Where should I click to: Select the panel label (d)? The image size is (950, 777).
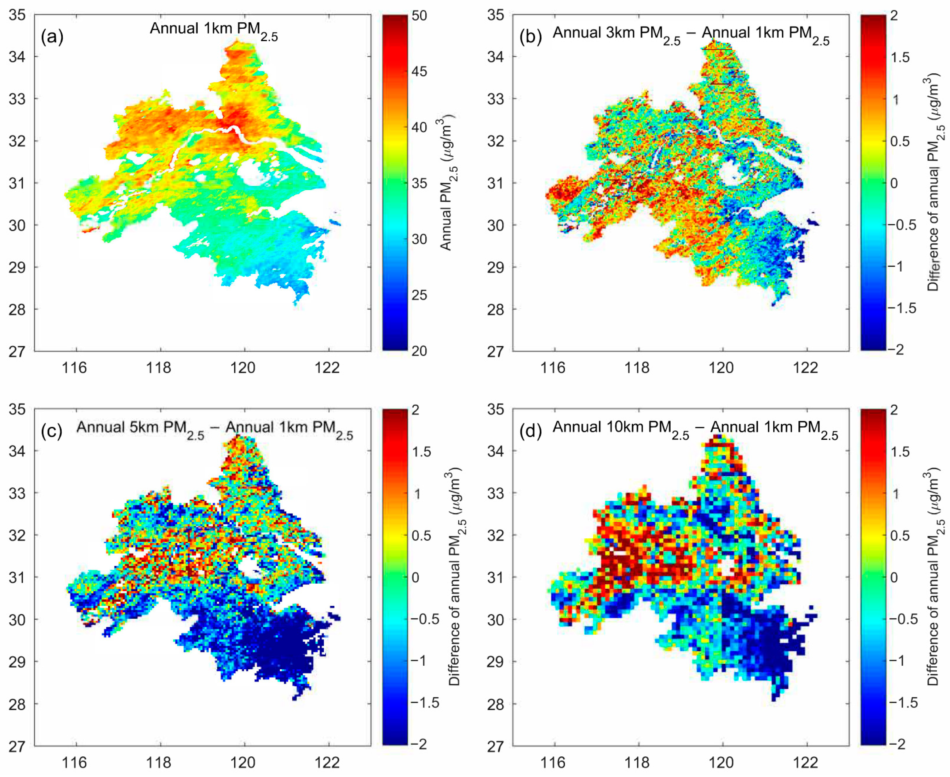pyautogui.click(x=530, y=431)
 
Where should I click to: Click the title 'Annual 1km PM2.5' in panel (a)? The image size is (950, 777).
pyautogui.click(x=213, y=30)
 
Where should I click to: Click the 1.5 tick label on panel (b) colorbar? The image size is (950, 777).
pyautogui.click(x=899, y=57)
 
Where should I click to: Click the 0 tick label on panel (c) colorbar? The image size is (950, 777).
pyautogui.click(x=416, y=577)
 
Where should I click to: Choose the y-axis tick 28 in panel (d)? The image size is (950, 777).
pyautogui.click(x=496, y=704)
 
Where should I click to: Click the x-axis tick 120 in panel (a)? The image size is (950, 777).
pyautogui.click(x=243, y=368)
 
